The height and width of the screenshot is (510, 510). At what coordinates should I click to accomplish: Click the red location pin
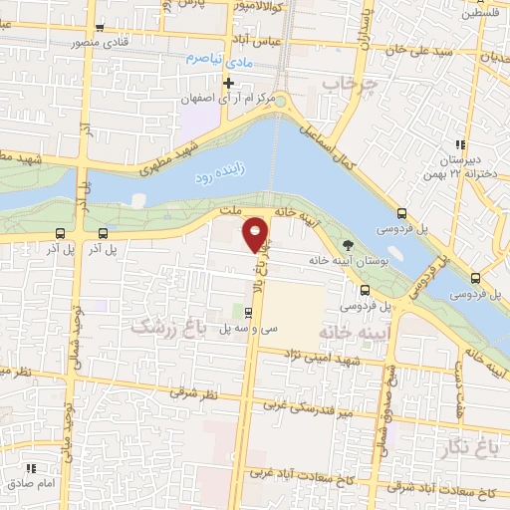pos(256,233)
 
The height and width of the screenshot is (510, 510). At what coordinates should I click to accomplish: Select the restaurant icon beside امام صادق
pos(31,467)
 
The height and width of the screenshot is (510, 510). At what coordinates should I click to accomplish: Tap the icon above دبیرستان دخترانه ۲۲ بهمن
pos(459,144)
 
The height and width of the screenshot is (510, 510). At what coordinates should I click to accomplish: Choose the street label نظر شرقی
pos(191,392)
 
